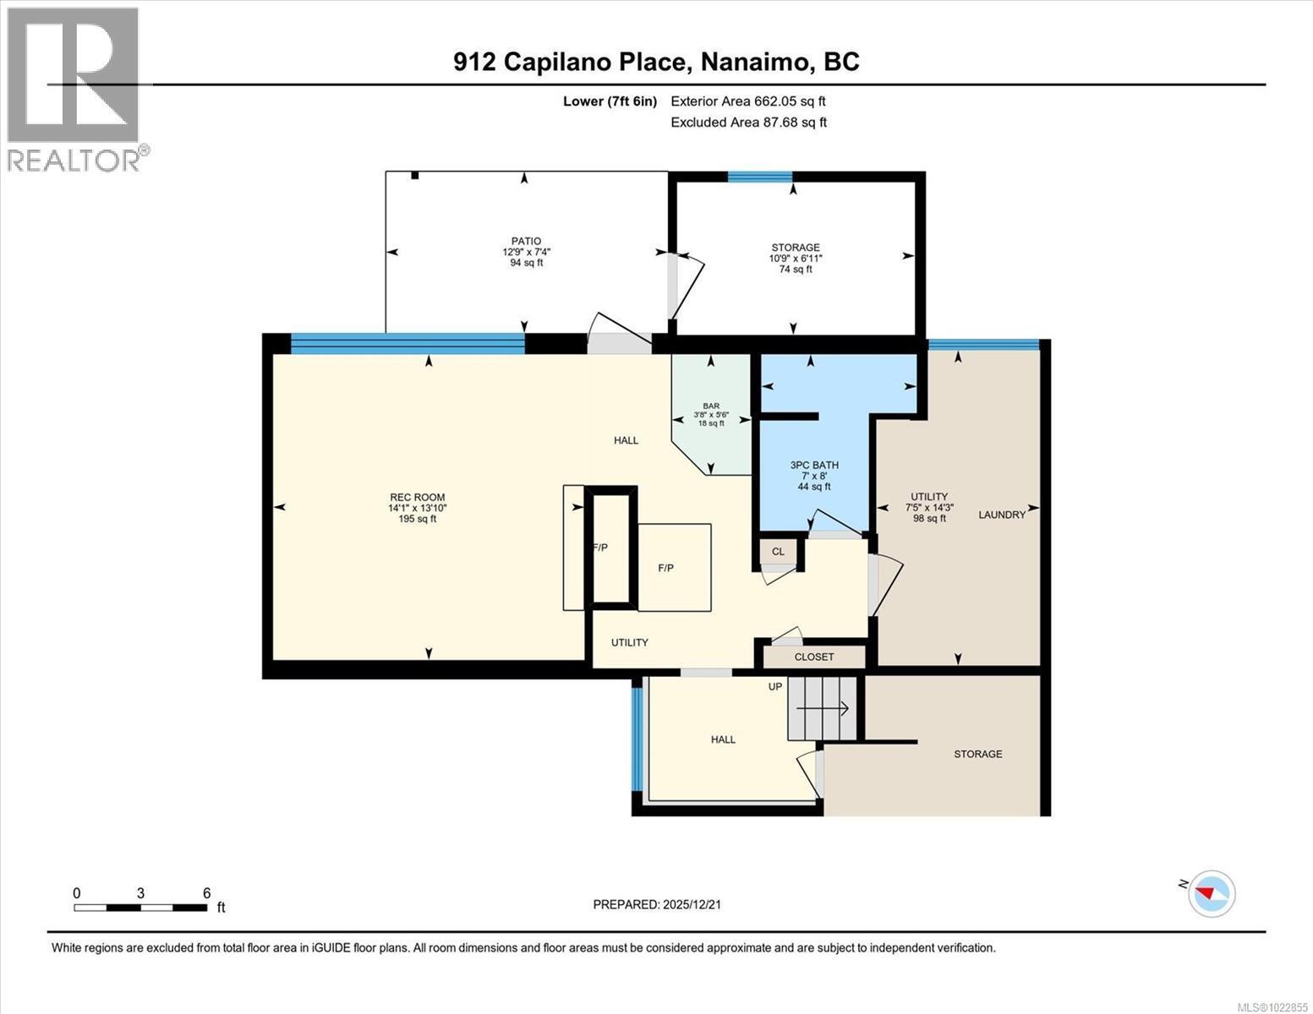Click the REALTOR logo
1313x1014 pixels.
tap(74, 88)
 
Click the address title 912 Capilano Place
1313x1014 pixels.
tap(656, 62)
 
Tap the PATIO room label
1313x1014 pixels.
tap(525, 241)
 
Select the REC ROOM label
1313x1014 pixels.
tap(417, 497)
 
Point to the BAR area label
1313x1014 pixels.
tap(710, 406)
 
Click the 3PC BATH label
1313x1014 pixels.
tap(814, 465)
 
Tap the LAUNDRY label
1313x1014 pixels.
tap(1002, 515)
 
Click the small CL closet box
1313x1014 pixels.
tap(778, 552)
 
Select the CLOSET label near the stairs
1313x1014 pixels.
tap(814, 657)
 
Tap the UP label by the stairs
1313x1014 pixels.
tap(774, 687)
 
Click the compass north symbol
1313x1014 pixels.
tap(1212, 893)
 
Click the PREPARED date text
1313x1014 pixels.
tap(657, 904)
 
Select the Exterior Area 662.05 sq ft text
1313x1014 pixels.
tap(747, 101)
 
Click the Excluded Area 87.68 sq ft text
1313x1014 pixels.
tap(748, 123)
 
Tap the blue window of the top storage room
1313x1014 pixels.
tap(759, 177)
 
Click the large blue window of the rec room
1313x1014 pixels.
tap(408, 342)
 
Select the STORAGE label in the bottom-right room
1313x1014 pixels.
tap(977, 754)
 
